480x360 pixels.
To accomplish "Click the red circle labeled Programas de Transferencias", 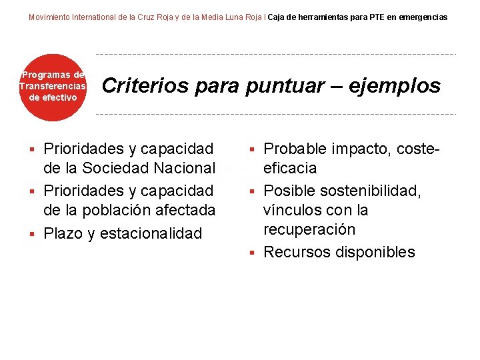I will (x=53, y=87).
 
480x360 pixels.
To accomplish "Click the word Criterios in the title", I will (x=139, y=86).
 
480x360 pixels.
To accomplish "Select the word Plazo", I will (x=62, y=233).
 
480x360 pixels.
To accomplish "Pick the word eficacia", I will (x=290, y=167).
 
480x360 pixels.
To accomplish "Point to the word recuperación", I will (x=309, y=229).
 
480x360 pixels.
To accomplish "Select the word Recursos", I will (x=294, y=252).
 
